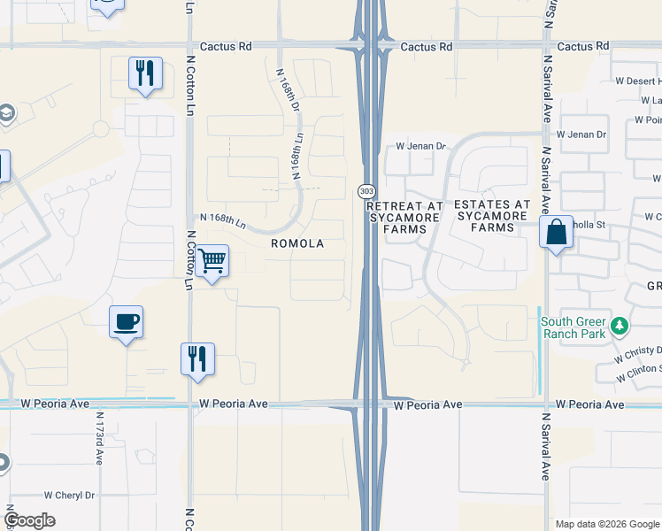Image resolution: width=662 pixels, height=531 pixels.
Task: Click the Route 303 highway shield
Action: click(365, 191)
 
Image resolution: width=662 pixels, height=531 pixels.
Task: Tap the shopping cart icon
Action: click(211, 261)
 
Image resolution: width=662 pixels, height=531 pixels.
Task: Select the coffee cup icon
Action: click(126, 322)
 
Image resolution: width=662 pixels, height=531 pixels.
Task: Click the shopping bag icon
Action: click(555, 234)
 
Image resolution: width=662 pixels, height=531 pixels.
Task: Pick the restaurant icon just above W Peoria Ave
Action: click(196, 358)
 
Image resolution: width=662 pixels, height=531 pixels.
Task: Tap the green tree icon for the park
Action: click(620, 327)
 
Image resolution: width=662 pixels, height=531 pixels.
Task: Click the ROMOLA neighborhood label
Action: click(296, 243)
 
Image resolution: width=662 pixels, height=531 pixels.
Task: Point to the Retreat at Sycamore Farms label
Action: click(404, 217)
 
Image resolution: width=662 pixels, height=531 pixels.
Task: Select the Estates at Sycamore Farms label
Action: click(492, 216)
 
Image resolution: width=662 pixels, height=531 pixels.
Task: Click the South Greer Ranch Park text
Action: click(574, 327)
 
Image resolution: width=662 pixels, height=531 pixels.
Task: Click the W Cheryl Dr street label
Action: click(69, 496)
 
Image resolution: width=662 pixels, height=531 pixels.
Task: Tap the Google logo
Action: click(29, 519)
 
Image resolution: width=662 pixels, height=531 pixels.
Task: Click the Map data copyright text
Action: click(607, 524)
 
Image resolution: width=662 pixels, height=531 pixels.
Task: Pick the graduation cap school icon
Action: click(6, 114)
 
